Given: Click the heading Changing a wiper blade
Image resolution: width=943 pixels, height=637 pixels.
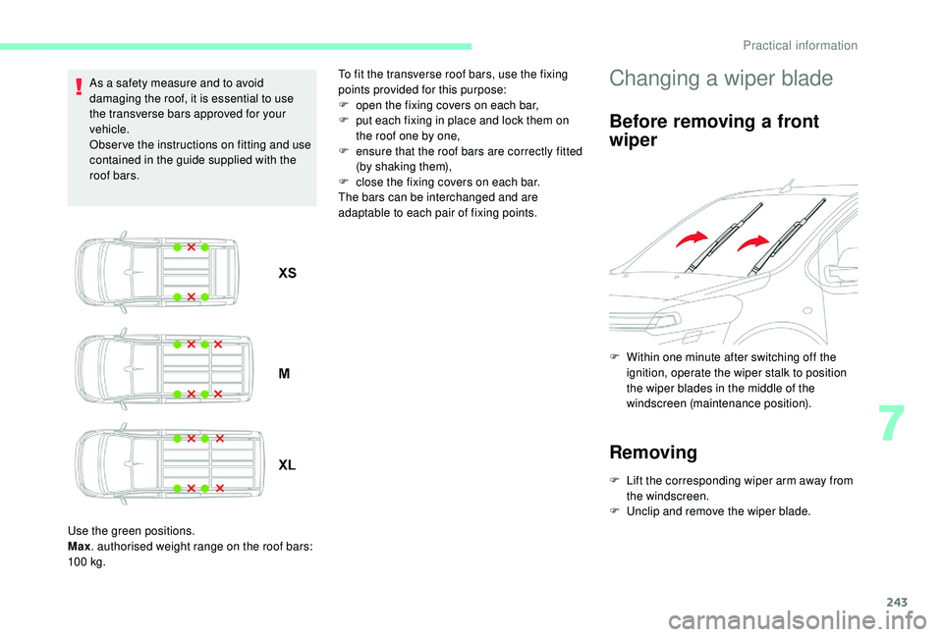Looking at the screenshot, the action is coord(721,79).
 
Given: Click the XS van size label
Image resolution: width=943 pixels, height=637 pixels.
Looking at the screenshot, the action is coord(287,273).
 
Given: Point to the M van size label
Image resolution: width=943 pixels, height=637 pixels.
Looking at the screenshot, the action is coord(284,374).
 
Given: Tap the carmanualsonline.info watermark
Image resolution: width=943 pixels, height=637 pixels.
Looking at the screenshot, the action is coord(783,616).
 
